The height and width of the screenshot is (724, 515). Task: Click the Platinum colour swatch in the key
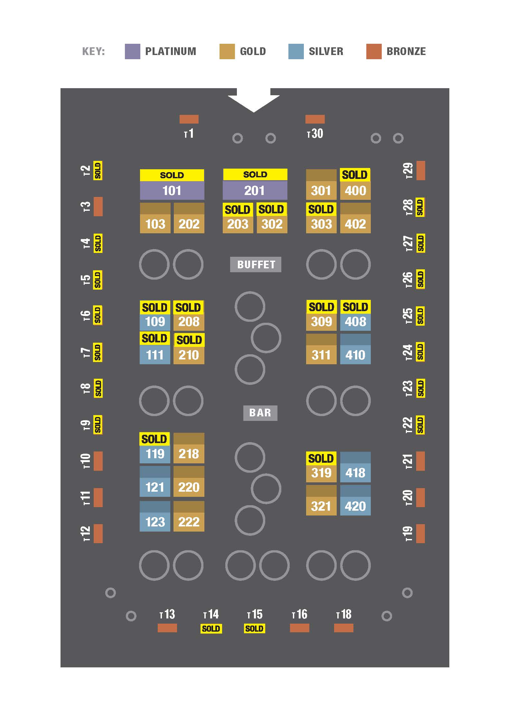(132, 51)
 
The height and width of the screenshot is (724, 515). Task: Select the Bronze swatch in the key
(374, 51)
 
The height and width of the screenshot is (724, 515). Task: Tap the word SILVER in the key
(326, 51)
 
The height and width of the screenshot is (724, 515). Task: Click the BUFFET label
(256, 265)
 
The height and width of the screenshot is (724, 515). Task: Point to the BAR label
(260, 413)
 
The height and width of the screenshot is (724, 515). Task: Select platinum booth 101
(172, 190)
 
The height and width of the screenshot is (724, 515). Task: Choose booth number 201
(255, 190)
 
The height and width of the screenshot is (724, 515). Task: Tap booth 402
(355, 224)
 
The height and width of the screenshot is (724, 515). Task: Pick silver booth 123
(155, 522)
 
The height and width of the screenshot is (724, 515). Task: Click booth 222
(189, 522)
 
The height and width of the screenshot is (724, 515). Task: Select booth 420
(355, 506)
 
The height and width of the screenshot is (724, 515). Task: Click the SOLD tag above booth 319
(321, 458)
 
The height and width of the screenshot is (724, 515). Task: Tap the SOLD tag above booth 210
(189, 340)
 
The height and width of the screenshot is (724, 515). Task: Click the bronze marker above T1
(189, 119)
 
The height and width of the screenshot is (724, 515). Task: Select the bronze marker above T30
(315, 119)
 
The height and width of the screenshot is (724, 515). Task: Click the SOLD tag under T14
(211, 628)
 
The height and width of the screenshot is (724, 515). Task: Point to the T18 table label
(344, 615)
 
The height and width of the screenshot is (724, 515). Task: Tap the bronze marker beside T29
(420, 170)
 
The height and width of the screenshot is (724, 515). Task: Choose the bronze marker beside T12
(98, 534)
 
